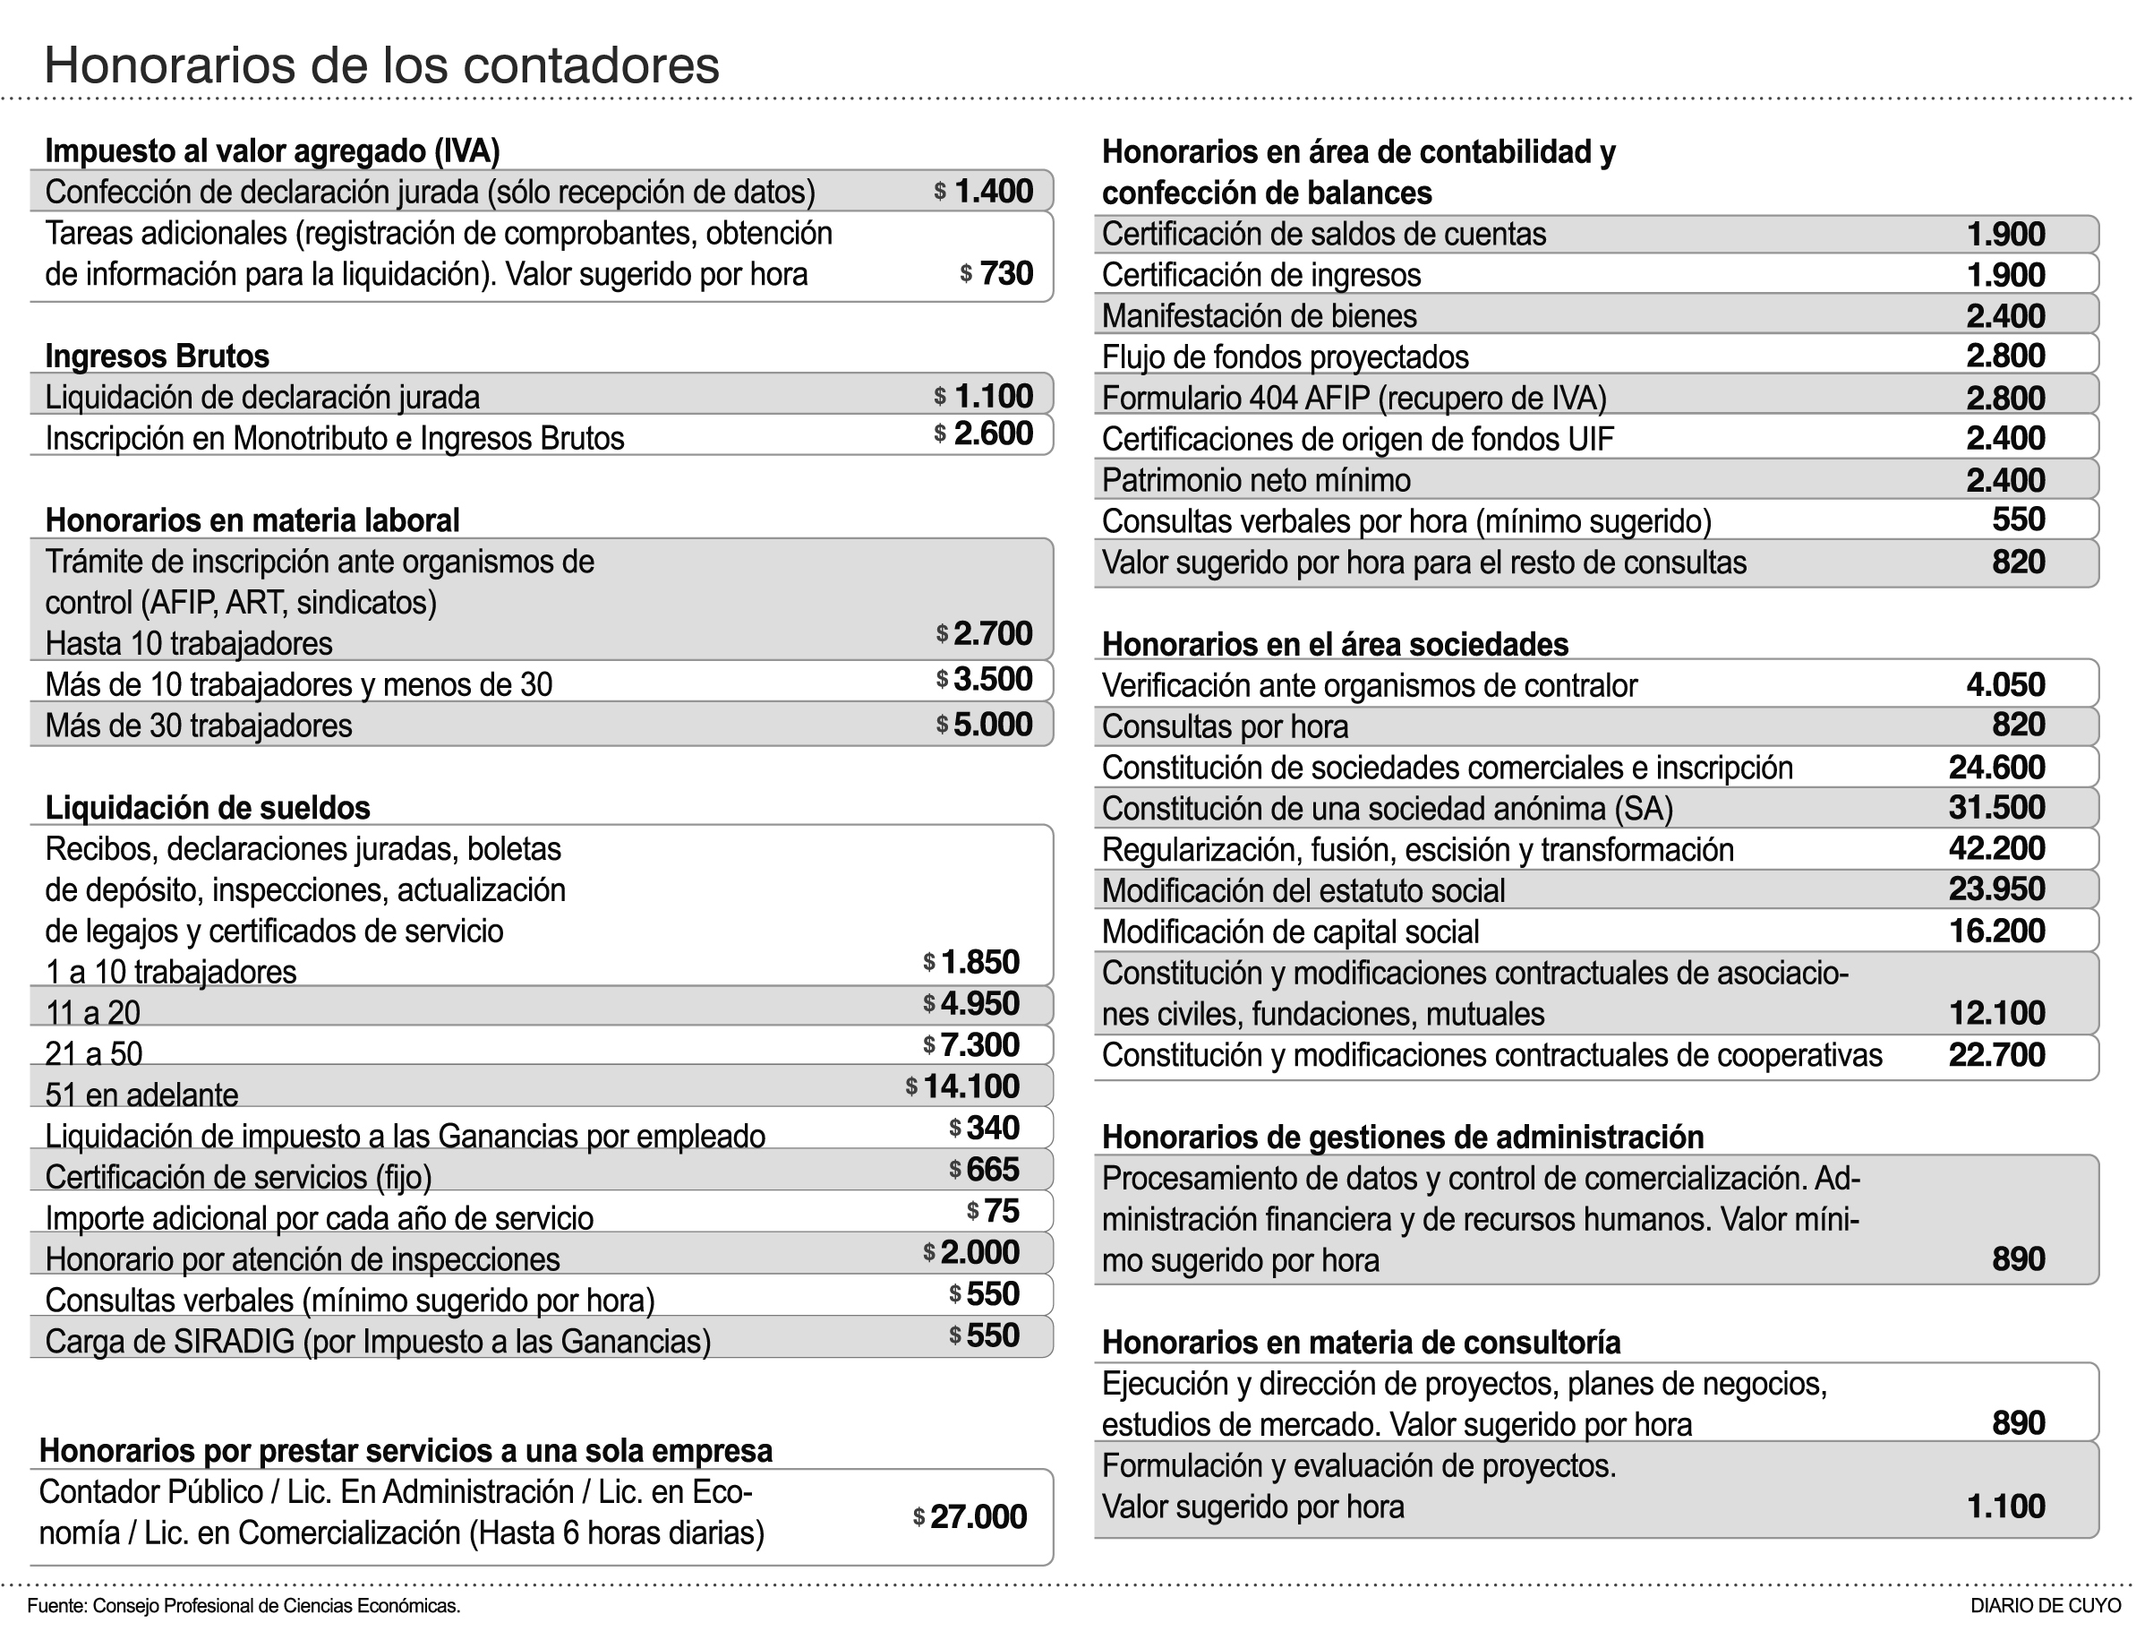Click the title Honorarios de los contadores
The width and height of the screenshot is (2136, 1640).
(x=381, y=66)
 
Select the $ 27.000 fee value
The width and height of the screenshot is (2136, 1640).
(x=970, y=1516)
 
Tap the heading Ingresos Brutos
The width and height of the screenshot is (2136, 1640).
(x=157, y=356)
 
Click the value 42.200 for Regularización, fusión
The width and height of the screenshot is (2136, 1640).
(x=1995, y=848)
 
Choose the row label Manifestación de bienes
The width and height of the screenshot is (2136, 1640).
(x=1259, y=316)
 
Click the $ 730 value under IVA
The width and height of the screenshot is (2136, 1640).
(x=996, y=273)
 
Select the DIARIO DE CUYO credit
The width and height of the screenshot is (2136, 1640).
(x=2046, y=1606)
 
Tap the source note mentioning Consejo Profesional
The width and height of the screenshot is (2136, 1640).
(x=244, y=1606)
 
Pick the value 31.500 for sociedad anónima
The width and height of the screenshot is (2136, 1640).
(x=1995, y=807)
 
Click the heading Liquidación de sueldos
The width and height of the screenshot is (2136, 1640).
(x=208, y=808)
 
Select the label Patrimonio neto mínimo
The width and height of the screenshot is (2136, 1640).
(x=1256, y=480)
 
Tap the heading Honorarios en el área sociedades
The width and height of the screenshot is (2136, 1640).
(x=1335, y=644)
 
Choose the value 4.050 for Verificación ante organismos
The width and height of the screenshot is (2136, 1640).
(x=2005, y=684)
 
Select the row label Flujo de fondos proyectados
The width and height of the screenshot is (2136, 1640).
(x=1286, y=357)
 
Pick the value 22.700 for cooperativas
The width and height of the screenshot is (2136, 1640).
(x=1995, y=1054)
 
